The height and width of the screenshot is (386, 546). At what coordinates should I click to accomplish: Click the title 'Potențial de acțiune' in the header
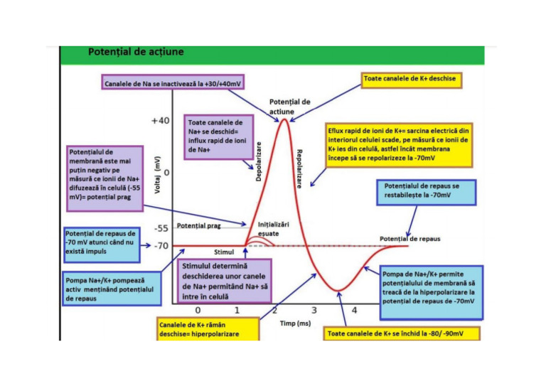coord(135,52)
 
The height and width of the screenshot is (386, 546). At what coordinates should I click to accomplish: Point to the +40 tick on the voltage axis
coord(161,121)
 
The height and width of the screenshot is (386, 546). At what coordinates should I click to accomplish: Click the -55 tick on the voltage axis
coord(162,229)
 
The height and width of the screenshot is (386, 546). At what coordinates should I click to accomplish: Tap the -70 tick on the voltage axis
coord(162,245)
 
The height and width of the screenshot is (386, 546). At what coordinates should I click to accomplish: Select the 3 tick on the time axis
coord(314,311)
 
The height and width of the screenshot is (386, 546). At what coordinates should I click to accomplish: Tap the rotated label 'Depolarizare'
coord(259,161)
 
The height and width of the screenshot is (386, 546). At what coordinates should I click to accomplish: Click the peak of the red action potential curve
coord(284,119)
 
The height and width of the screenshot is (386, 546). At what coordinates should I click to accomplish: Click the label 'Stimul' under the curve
coord(224,252)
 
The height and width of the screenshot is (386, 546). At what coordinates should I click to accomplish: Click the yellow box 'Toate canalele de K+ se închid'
coord(402,333)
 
